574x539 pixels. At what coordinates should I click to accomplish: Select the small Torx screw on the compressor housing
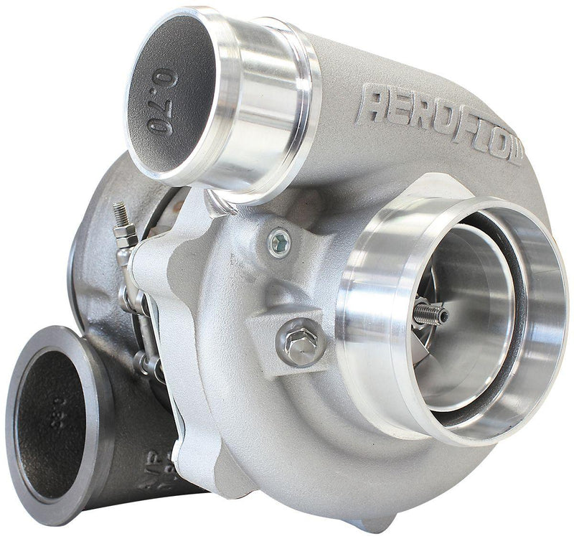pos(279,239)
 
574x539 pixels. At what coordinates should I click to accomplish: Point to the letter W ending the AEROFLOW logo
pos(512,147)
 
